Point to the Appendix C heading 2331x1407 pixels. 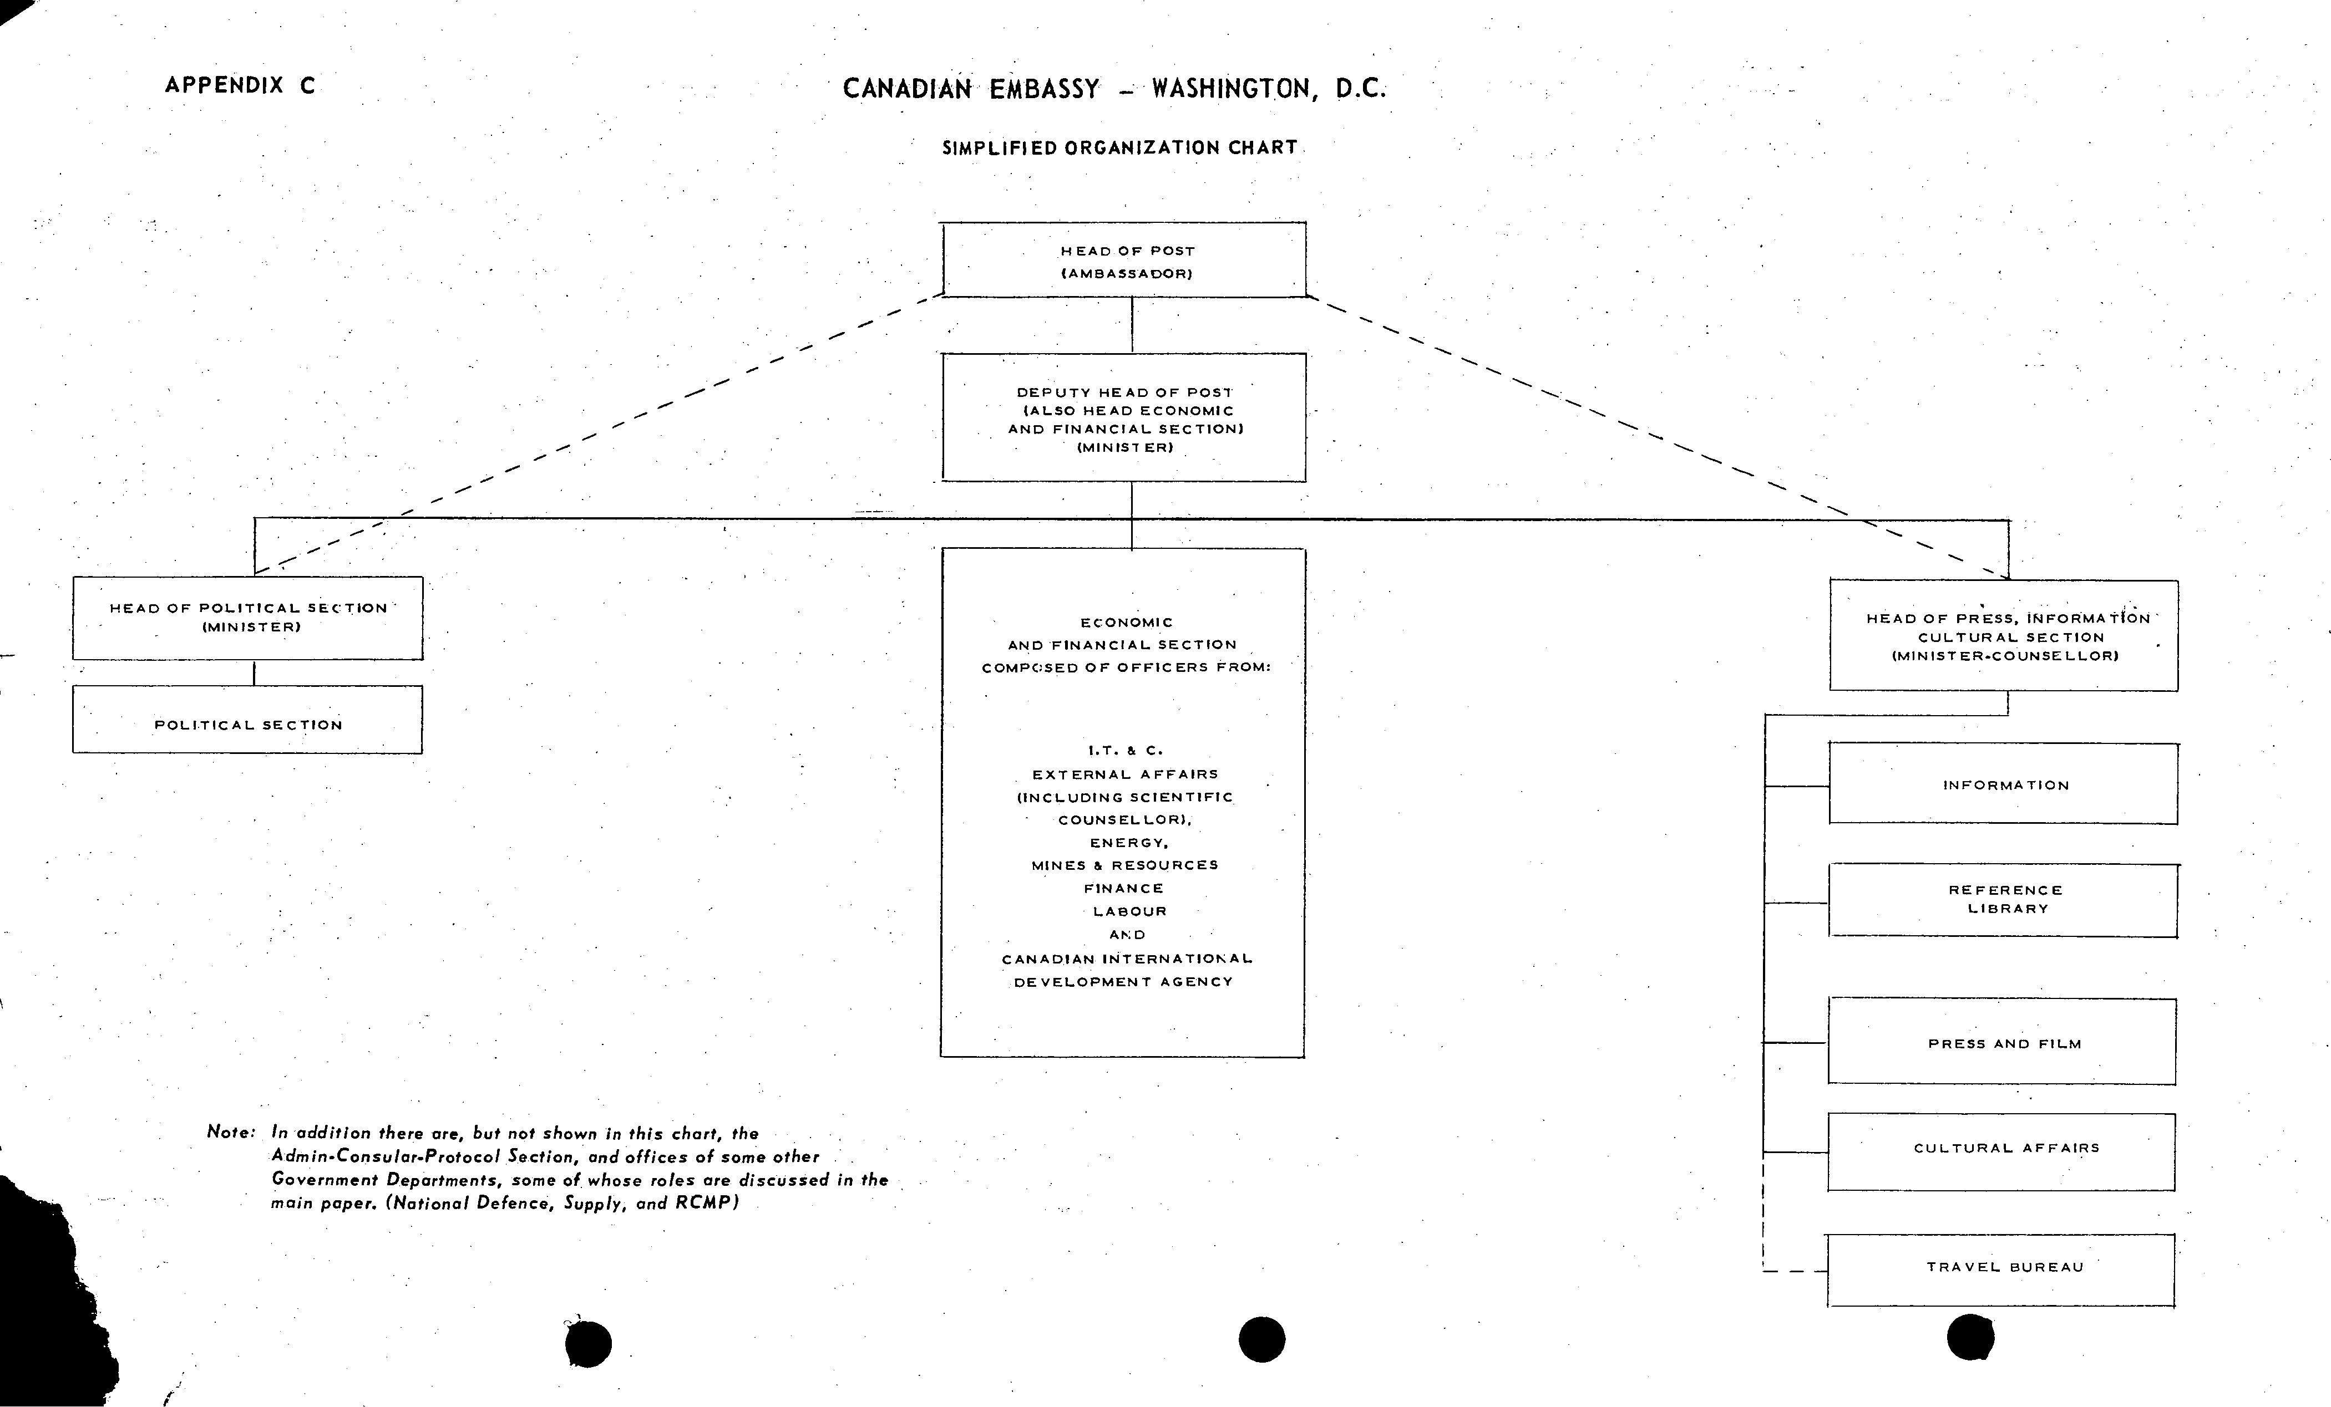pyautogui.click(x=240, y=85)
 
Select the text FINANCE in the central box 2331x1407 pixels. pyautogui.click(x=1124, y=889)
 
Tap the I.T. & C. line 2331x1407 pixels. pyautogui.click(x=1125, y=751)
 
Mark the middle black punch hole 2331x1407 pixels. pyautogui.click(x=1262, y=1339)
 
